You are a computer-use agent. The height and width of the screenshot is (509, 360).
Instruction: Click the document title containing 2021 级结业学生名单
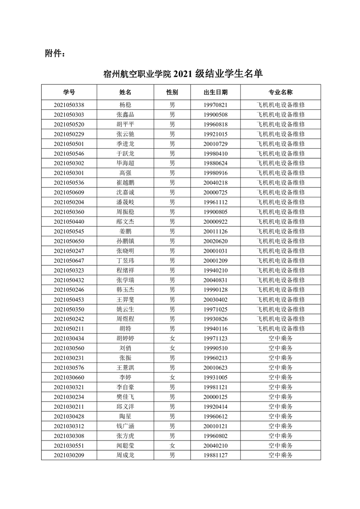tap(183, 74)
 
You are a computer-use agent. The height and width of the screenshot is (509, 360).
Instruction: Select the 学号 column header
tap(69, 93)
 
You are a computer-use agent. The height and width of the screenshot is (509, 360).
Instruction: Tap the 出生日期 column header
tap(216, 93)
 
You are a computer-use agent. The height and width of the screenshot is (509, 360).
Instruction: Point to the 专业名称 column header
tap(281, 93)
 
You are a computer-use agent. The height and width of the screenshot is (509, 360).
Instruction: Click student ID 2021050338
tap(69, 105)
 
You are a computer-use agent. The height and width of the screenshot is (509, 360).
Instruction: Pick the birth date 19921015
tap(216, 134)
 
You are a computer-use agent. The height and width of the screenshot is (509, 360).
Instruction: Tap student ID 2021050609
tap(69, 192)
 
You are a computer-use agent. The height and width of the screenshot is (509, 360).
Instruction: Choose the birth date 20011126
tap(216, 231)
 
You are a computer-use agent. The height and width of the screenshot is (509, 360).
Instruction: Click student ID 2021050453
tap(69, 299)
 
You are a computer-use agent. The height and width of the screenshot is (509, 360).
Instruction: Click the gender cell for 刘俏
tap(172, 348)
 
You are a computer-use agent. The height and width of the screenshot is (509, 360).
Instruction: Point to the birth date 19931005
tap(216, 377)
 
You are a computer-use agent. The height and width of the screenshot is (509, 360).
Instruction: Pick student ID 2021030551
tap(69, 445)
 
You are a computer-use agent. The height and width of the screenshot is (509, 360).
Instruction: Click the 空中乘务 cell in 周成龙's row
tap(281, 455)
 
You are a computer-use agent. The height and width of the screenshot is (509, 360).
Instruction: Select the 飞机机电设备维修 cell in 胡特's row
tap(281, 328)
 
